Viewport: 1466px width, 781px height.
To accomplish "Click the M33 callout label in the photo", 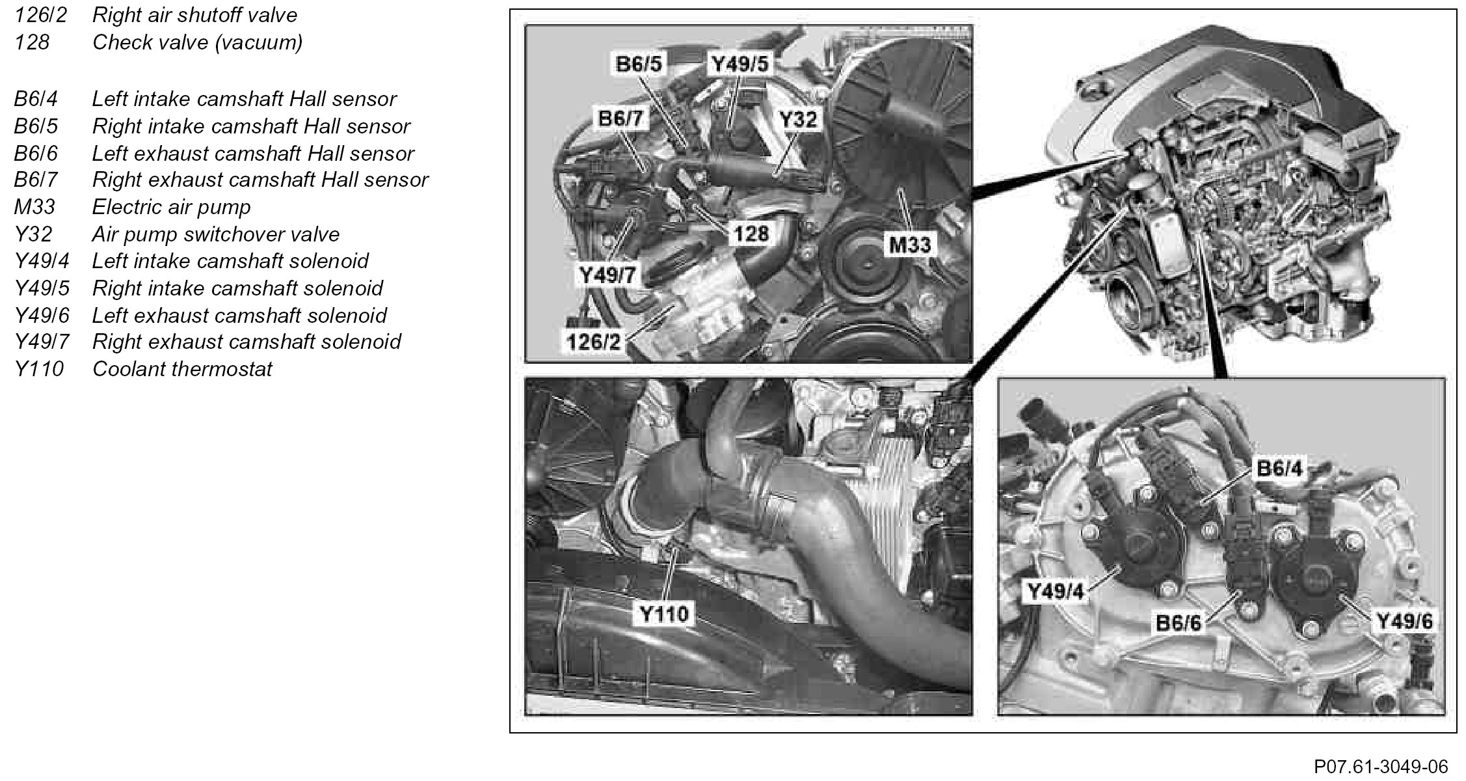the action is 909,245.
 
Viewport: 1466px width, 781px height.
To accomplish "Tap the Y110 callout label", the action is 663,614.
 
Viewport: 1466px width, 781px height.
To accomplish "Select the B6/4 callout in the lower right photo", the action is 1279,468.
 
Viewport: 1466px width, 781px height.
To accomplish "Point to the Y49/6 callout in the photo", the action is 1405,622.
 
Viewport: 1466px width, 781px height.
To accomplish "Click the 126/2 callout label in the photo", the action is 593,340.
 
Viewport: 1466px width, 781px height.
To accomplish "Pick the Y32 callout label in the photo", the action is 798,119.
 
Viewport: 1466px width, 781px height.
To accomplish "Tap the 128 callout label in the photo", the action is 751,234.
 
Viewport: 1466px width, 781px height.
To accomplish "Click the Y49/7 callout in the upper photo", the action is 607,275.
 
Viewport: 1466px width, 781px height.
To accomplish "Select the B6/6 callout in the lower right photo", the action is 1178,623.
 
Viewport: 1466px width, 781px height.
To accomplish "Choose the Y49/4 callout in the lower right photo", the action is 1055,592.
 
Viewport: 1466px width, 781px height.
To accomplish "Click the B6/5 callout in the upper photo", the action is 639,64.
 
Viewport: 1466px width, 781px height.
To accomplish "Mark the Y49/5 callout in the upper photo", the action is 740,64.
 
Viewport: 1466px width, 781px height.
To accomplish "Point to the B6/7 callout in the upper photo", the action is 621,118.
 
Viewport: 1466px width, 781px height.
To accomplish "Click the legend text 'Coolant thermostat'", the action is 182,369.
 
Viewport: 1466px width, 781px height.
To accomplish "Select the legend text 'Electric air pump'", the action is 171,207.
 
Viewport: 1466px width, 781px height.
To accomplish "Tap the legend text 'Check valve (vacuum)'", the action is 197,42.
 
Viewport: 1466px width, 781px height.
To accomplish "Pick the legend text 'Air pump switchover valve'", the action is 216,234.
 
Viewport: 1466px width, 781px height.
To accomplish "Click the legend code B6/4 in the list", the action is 36,99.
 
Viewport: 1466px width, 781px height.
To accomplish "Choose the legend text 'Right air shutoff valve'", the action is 194,15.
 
